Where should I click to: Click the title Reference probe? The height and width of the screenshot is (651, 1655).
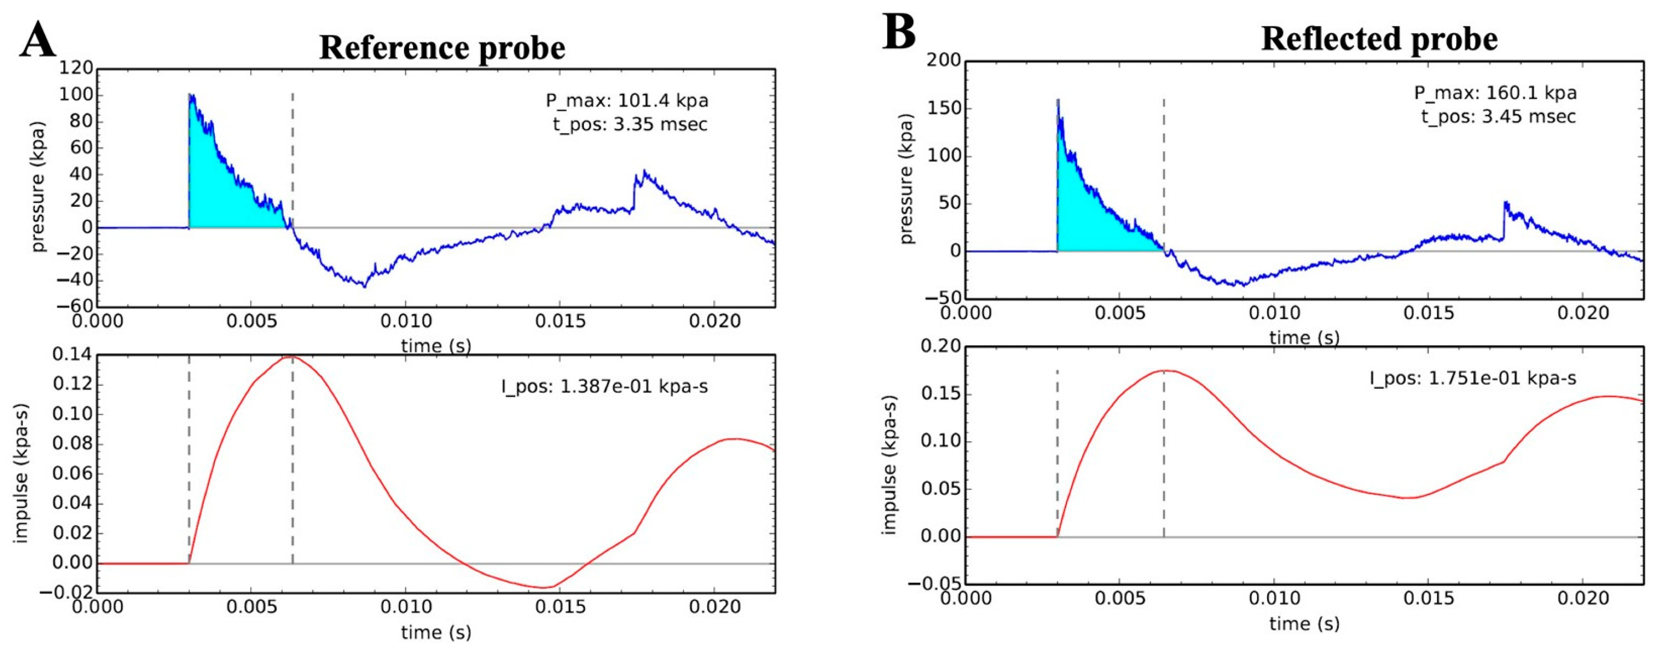(x=442, y=47)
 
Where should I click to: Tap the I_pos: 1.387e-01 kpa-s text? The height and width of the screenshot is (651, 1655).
(x=605, y=387)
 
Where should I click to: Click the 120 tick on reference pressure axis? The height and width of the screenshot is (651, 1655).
(x=76, y=69)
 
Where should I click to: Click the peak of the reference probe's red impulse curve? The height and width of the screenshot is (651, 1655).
(x=290, y=357)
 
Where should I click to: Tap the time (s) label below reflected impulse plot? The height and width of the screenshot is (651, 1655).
(x=1304, y=623)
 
